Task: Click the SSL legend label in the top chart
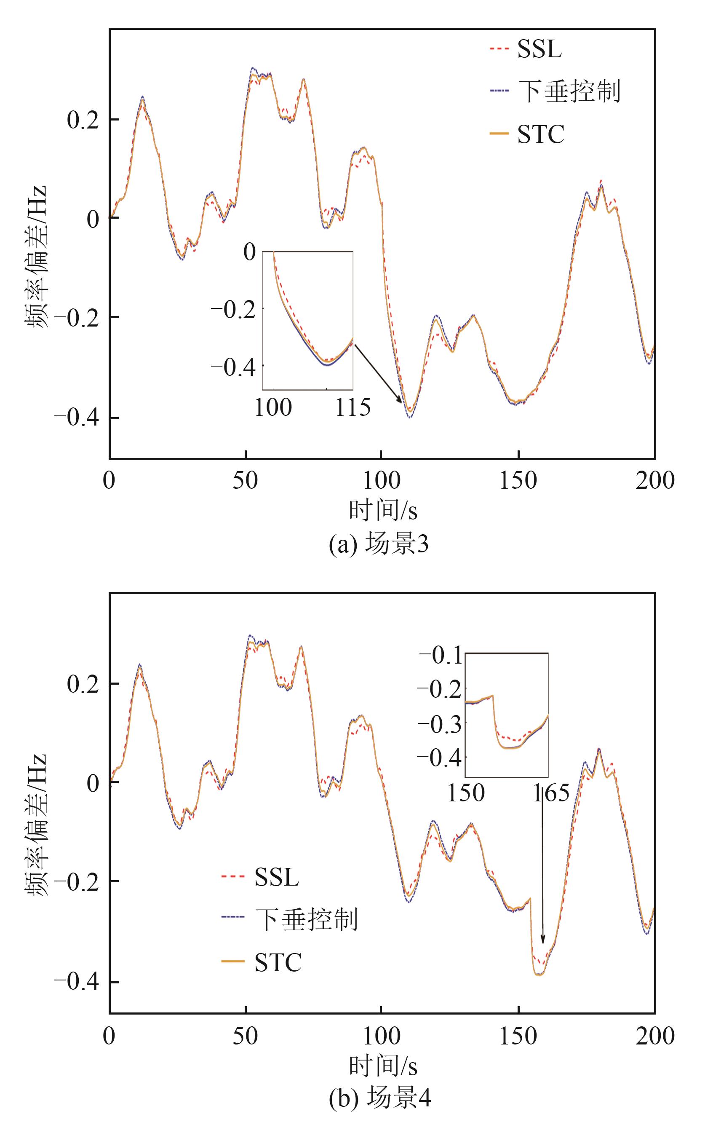point(539,48)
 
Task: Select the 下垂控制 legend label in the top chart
point(569,91)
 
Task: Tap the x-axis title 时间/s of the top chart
point(383,510)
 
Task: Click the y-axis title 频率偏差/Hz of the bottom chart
point(36,824)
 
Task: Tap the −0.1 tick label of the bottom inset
point(441,656)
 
